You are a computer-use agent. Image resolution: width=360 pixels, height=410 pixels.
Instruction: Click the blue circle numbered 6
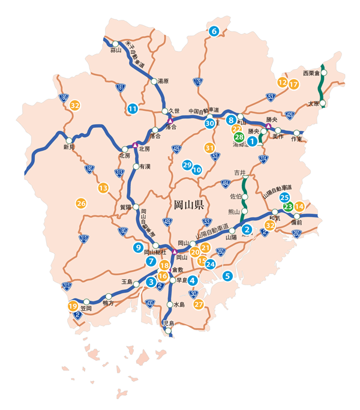[213, 31]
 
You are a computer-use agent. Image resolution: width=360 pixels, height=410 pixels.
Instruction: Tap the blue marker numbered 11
[133, 109]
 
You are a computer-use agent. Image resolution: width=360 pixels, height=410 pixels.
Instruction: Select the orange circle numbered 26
[81, 203]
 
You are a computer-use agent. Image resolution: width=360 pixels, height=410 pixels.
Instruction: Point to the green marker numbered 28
[239, 137]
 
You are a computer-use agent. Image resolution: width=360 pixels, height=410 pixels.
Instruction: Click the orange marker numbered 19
[73, 306]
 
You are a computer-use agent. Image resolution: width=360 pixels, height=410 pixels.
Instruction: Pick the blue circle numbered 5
[227, 276]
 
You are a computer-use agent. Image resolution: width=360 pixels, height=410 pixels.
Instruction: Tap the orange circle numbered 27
[199, 304]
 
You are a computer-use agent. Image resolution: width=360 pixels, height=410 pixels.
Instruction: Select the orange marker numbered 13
[103, 188]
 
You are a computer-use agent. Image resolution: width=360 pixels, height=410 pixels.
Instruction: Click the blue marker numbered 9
[138, 247]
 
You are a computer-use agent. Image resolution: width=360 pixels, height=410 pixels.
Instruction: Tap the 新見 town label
[70, 147]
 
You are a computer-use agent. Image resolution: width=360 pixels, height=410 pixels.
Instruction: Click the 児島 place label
[169, 324]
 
